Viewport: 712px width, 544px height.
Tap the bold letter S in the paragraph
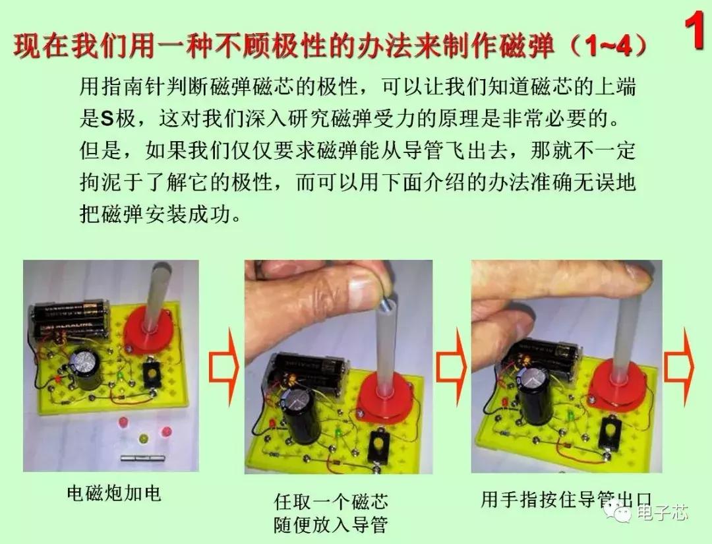click(107, 119)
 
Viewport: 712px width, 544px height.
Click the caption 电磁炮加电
click(114, 493)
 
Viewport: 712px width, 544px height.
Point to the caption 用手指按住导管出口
click(566, 500)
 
